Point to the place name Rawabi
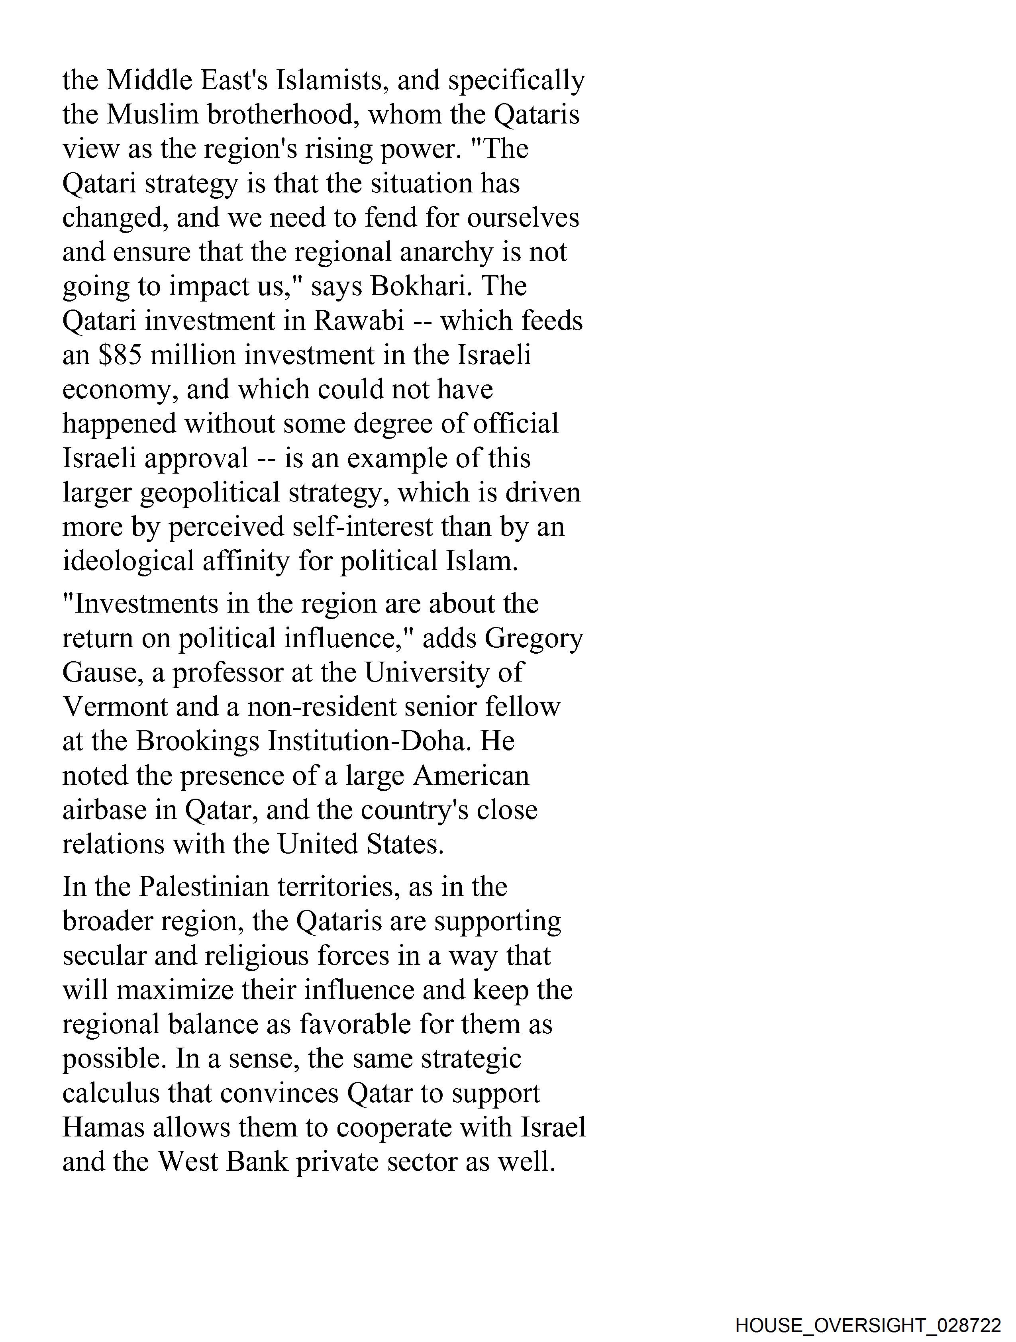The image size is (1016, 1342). click(x=359, y=321)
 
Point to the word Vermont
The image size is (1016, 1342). click(x=115, y=707)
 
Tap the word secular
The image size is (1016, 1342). click(x=104, y=956)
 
